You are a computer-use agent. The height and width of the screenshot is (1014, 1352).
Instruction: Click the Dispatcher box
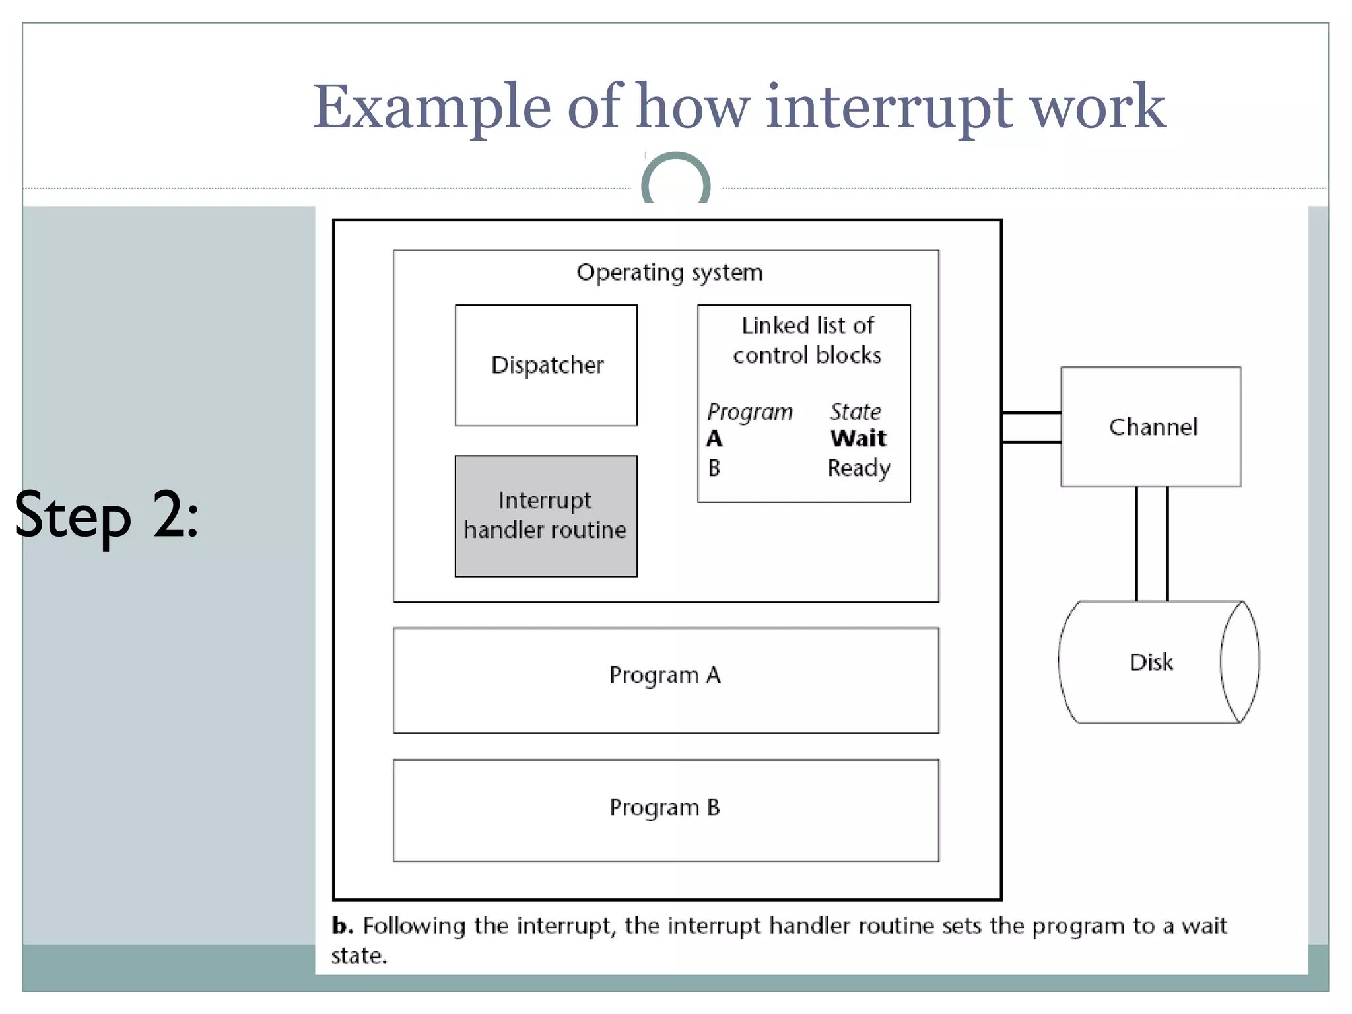pyautogui.click(x=546, y=365)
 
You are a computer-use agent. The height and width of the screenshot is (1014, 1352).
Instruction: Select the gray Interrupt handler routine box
pyautogui.click(x=546, y=516)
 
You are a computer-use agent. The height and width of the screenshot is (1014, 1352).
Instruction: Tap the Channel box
pyautogui.click(x=1151, y=426)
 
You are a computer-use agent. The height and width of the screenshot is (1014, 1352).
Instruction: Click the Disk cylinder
pyautogui.click(x=1152, y=661)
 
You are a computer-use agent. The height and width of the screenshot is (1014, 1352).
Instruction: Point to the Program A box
pyautogui.click(x=665, y=679)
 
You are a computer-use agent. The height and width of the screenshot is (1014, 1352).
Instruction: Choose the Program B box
pyautogui.click(x=665, y=809)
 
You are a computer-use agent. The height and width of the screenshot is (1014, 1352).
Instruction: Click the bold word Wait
pyautogui.click(x=858, y=438)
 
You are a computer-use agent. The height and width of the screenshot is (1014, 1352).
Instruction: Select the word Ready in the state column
pyautogui.click(x=859, y=468)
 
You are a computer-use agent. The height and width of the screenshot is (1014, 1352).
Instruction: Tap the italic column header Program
pyautogui.click(x=750, y=411)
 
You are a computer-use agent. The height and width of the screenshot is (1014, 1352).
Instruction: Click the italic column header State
pyautogui.click(x=856, y=411)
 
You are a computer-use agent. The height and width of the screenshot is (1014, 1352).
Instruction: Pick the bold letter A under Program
pyautogui.click(x=714, y=438)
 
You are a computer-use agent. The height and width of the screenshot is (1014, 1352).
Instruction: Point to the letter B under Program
pyautogui.click(x=714, y=468)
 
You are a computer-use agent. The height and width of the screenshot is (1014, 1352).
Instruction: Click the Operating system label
pyautogui.click(x=669, y=272)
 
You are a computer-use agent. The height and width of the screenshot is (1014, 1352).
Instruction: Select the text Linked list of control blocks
pyautogui.click(x=807, y=341)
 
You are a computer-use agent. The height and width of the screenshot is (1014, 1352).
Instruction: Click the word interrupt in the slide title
pyautogui.click(x=889, y=108)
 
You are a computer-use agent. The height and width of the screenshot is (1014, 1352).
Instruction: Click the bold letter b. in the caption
pyautogui.click(x=342, y=926)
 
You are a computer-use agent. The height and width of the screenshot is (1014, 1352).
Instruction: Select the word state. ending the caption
pyautogui.click(x=359, y=955)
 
